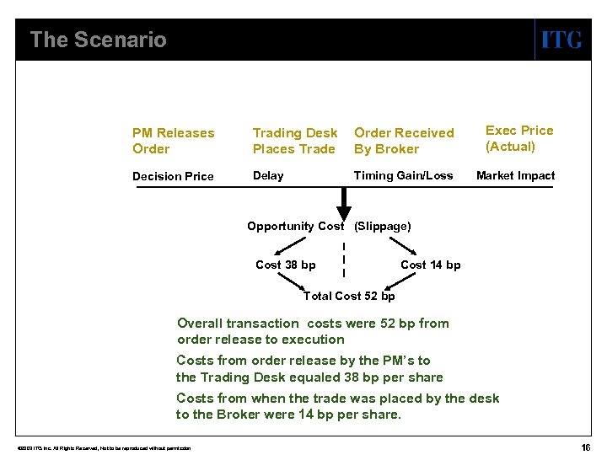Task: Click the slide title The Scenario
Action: [x=98, y=40]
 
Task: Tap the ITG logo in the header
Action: [x=561, y=40]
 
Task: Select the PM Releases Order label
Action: [x=173, y=141]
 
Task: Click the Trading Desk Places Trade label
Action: [x=294, y=141]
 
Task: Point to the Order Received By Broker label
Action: [x=403, y=141]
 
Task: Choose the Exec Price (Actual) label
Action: [x=518, y=138]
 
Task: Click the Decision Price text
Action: [x=173, y=176]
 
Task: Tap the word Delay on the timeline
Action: [x=268, y=175]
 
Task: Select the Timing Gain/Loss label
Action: [x=403, y=175]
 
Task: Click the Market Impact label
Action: [x=515, y=175]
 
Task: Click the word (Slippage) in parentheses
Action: [x=383, y=226]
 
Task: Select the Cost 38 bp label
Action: [x=285, y=265]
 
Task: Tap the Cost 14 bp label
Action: [x=430, y=265]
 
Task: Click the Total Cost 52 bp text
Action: [x=348, y=296]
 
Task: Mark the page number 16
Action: [x=585, y=446]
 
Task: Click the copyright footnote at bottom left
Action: [x=98, y=447]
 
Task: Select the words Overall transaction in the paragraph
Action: [x=237, y=323]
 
